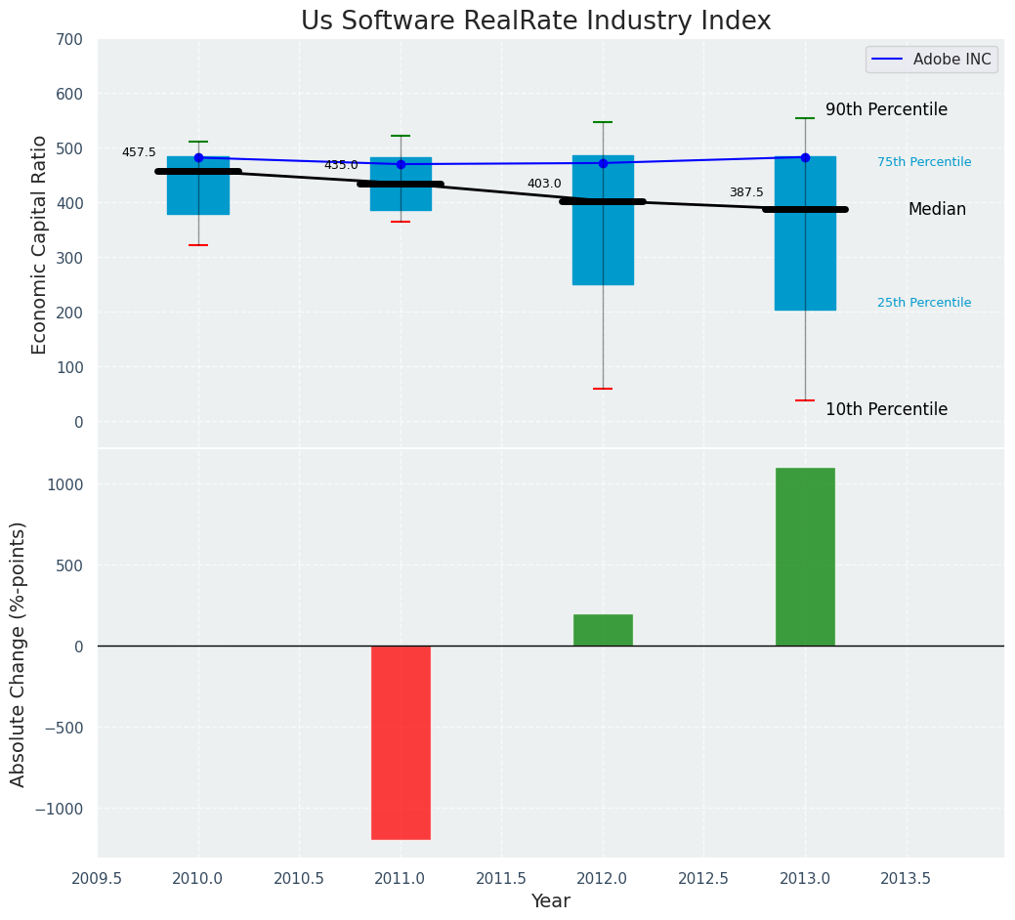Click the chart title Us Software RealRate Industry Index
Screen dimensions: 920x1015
(535, 21)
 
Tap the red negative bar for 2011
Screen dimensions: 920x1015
(401, 742)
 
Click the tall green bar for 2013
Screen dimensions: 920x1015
(805, 557)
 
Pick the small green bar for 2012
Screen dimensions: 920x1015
(603, 630)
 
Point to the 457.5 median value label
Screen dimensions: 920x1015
(139, 152)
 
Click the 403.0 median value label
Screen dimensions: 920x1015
(544, 184)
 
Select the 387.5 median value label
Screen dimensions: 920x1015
(746, 193)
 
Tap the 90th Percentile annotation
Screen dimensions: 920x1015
(886, 109)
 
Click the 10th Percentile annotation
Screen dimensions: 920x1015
(886, 409)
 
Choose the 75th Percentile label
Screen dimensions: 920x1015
(924, 162)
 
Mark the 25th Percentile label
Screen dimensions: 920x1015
(924, 303)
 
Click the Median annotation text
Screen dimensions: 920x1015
(937, 209)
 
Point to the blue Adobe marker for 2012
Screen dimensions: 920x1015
(603, 163)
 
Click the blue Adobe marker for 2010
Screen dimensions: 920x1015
(198, 157)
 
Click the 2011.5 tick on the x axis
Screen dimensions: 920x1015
(502, 878)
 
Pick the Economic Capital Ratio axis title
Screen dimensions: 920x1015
(40, 244)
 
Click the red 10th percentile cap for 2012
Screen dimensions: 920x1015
(603, 389)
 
